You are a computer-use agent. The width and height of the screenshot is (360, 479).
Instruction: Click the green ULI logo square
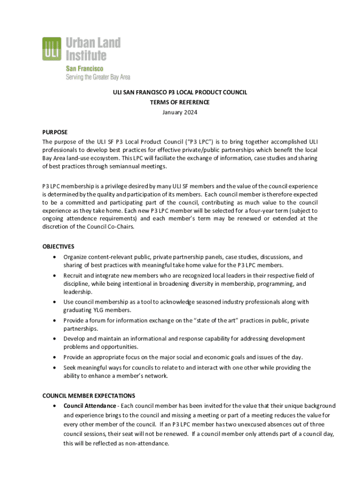[52, 49]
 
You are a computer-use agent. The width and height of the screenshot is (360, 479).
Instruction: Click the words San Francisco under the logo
[84, 68]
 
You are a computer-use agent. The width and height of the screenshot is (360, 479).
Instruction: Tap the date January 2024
[180, 112]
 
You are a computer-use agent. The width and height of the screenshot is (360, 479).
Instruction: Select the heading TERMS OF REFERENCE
[180, 102]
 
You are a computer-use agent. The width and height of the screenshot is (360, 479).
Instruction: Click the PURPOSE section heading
[55, 132]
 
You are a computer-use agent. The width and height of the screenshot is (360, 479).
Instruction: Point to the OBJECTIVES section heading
[58, 247]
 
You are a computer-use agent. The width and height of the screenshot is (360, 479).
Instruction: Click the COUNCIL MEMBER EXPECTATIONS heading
[89, 395]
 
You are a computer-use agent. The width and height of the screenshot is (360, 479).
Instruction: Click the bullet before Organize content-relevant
[56, 257]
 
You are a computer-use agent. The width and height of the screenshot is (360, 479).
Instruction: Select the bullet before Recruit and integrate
[56, 275]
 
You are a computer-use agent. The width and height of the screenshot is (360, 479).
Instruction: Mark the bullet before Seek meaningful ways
[56, 368]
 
